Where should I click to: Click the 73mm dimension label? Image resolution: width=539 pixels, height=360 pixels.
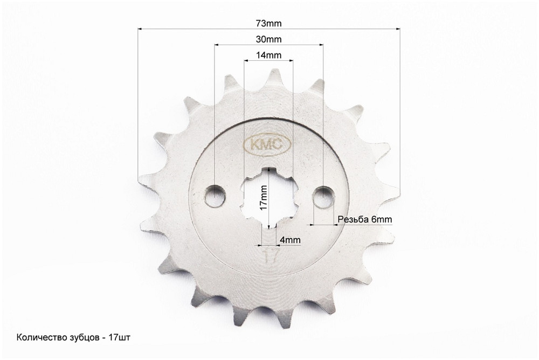click(x=268, y=23)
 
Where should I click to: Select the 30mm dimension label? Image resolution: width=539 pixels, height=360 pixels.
click(x=268, y=40)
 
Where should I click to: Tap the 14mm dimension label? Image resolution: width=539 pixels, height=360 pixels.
click(x=268, y=56)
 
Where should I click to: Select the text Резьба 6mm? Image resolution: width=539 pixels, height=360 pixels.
click(x=364, y=219)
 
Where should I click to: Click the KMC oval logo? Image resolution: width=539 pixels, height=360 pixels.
click(x=268, y=144)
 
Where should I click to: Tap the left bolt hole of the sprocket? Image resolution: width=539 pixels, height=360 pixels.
click(x=216, y=196)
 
